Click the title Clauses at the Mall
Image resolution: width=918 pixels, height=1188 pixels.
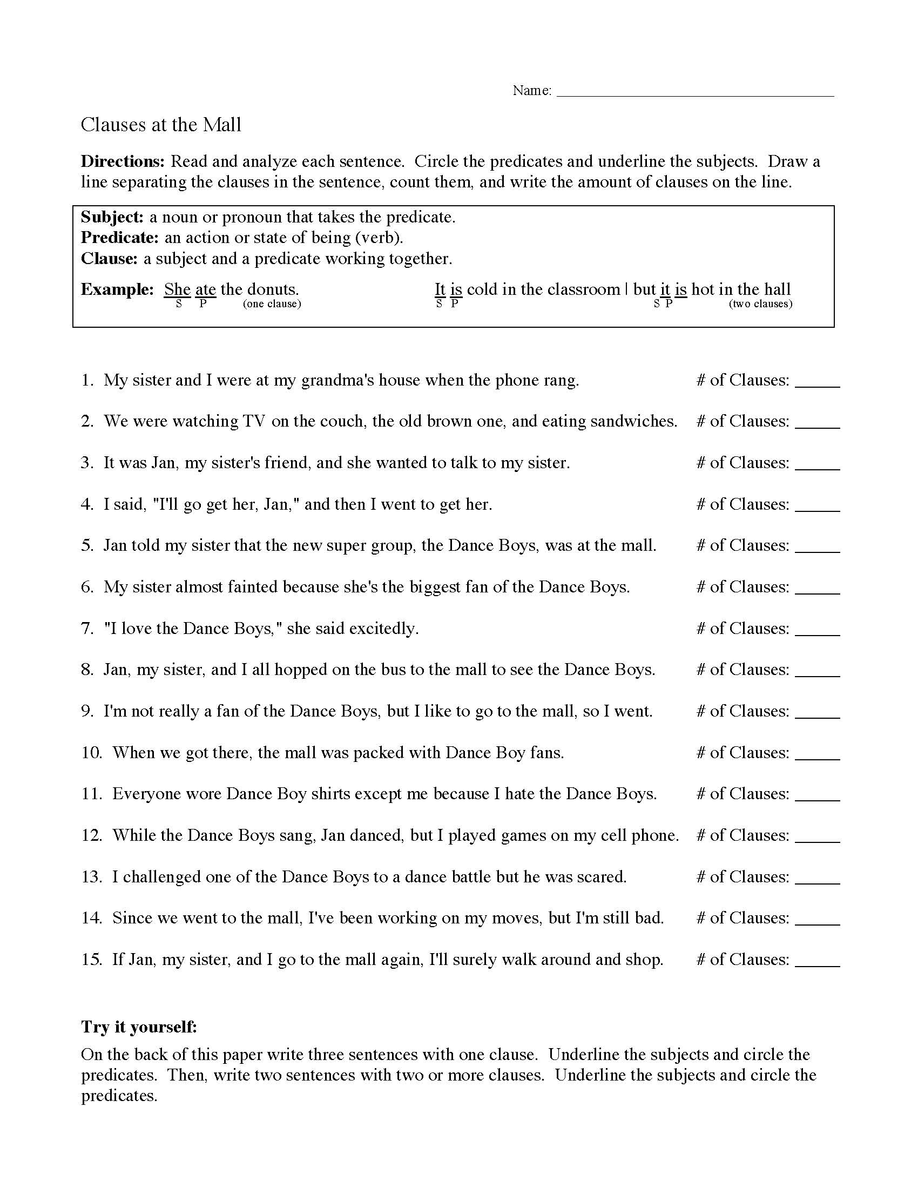click(161, 125)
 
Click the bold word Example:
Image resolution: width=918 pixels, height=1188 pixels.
click(118, 289)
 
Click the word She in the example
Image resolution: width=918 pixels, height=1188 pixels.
click(177, 289)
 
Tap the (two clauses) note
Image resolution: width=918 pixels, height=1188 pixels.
click(760, 304)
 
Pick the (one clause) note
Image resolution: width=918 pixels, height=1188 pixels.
click(272, 304)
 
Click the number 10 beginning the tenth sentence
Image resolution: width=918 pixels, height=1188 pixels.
click(91, 753)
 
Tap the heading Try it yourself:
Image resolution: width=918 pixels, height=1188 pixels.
click(139, 1027)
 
